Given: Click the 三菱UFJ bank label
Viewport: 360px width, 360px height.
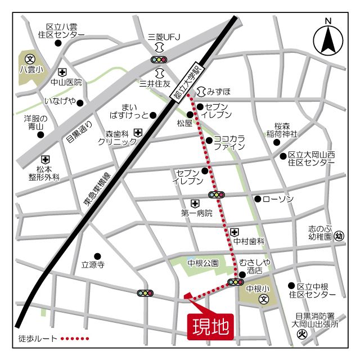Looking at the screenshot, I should tap(160, 37).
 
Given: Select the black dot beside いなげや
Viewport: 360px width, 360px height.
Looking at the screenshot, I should tap(80, 103).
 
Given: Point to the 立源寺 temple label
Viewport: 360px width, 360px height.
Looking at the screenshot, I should tap(93, 264).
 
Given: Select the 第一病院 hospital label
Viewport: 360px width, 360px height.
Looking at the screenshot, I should tap(197, 213).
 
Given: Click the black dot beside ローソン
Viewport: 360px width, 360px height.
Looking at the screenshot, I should tap(258, 199).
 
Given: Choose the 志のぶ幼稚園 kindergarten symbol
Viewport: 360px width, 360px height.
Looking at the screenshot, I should tap(339, 237).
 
